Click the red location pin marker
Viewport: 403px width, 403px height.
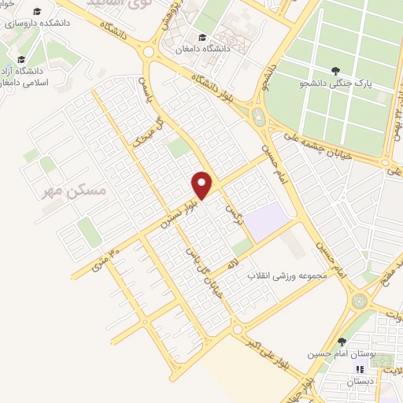pyautogui.click(x=203, y=184)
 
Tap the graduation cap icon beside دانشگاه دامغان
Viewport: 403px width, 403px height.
pyautogui.click(x=202, y=37)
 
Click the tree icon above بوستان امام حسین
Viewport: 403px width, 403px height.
pyautogui.click(x=342, y=342)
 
